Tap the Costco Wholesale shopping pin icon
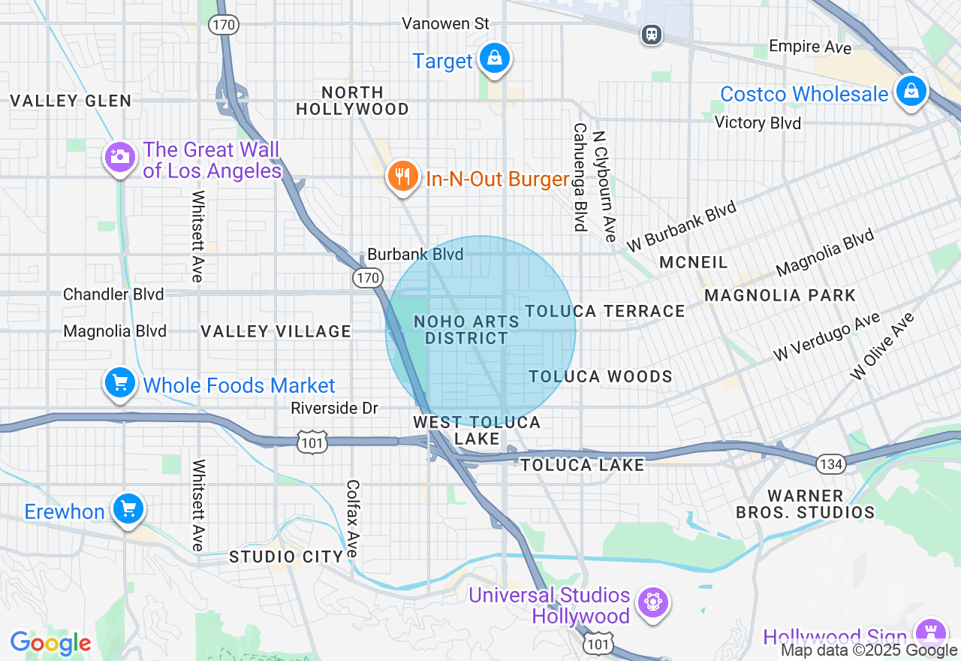click(x=911, y=92)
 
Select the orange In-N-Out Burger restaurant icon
click(x=403, y=177)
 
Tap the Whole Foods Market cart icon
click(x=120, y=384)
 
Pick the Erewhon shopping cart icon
click(x=128, y=510)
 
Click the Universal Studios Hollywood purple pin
click(x=652, y=602)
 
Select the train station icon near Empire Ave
click(x=652, y=34)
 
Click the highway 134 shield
click(x=831, y=464)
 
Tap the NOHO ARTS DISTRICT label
click(x=466, y=330)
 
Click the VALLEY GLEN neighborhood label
click(x=71, y=101)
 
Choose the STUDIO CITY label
click(x=286, y=557)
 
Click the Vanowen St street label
click(x=445, y=24)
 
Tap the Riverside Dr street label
click(x=334, y=408)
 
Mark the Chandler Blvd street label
click(x=113, y=294)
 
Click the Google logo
click(x=50, y=644)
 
